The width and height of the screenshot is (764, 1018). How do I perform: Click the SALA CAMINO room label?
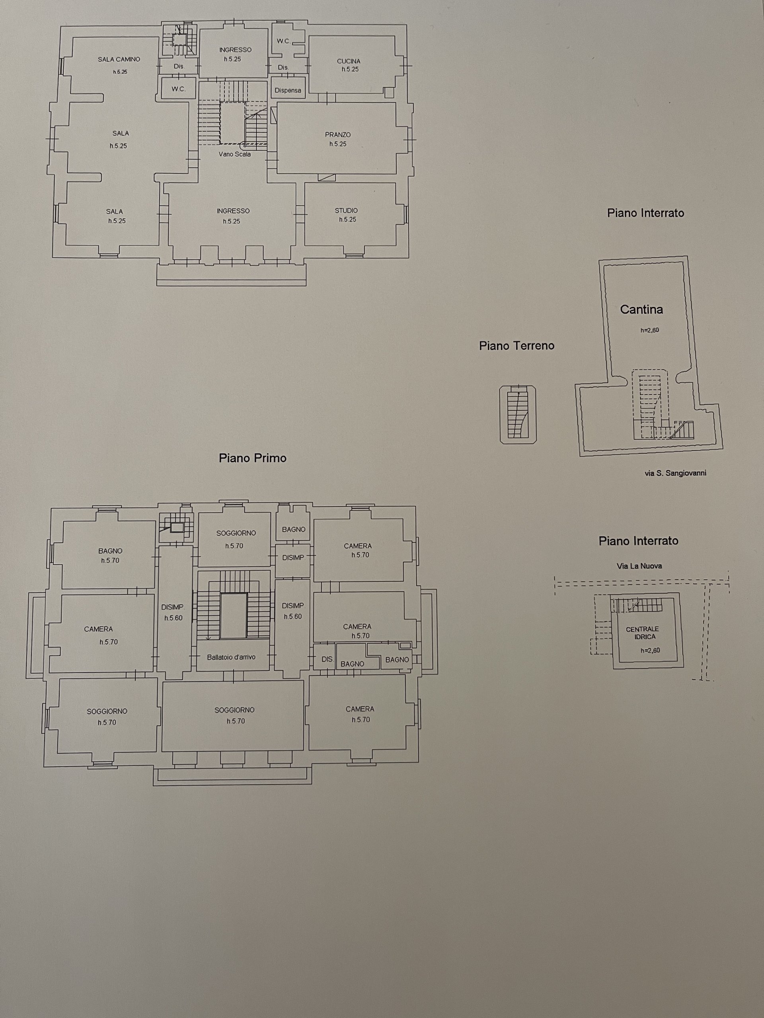click(x=119, y=59)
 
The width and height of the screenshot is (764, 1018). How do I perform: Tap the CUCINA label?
click(x=349, y=61)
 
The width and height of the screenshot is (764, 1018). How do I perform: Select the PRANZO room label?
click(x=338, y=135)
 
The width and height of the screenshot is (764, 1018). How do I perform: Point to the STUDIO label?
click(x=346, y=211)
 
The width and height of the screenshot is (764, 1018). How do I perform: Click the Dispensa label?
click(x=288, y=91)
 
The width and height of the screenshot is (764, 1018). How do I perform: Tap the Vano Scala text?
click(x=235, y=154)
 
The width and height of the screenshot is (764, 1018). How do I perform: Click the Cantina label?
click(x=641, y=310)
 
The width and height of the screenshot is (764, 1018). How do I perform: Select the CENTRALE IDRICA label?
click(x=642, y=633)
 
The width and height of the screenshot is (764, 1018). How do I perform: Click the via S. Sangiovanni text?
click(x=676, y=473)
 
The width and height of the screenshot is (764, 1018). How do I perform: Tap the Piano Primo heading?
click(x=253, y=458)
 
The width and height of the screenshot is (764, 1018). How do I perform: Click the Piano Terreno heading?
click(x=517, y=346)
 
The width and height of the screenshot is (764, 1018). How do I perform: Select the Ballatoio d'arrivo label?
click(x=231, y=657)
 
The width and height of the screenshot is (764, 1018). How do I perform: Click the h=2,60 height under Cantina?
click(x=650, y=330)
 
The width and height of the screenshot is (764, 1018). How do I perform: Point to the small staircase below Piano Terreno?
click(x=518, y=415)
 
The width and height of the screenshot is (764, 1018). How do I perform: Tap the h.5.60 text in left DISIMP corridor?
click(x=173, y=618)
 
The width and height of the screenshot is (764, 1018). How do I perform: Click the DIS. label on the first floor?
click(x=327, y=659)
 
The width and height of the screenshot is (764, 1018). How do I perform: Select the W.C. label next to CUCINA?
click(x=283, y=41)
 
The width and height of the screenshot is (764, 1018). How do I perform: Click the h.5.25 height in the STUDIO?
click(x=348, y=220)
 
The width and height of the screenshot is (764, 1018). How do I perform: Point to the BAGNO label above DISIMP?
click(x=294, y=530)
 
